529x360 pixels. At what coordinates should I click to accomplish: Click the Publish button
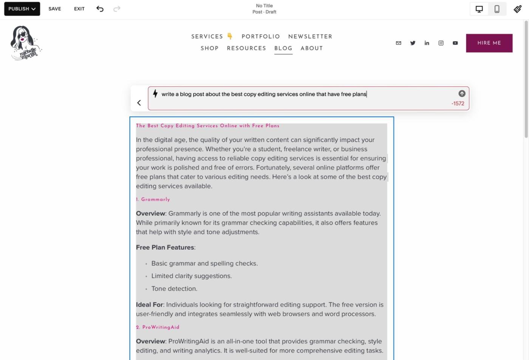[22, 9]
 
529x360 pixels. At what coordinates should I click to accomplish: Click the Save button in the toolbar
[55, 9]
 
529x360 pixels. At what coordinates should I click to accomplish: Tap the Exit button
[79, 9]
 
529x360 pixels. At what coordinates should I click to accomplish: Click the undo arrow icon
[100, 9]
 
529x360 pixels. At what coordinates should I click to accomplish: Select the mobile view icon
[497, 9]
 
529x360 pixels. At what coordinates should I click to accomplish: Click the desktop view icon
[479, 9]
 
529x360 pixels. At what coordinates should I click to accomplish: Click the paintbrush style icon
[518, 9]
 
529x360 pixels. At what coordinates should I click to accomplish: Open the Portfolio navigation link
[261, 37]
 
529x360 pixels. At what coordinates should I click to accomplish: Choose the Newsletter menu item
[310, 37]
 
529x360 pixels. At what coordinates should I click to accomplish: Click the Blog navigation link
[283, 48]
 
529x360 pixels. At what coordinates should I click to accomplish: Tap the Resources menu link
[246, 48]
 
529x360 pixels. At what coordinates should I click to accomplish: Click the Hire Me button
[489, 43]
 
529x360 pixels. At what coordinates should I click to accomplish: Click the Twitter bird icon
[413, 43]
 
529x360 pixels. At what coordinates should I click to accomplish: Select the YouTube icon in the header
[455, 43]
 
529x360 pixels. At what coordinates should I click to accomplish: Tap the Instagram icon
[441, 43]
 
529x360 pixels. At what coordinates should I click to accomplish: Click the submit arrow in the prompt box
[462, 94]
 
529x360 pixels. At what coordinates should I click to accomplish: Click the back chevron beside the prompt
[139, 103]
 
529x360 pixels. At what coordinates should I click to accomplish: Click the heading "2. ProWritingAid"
[158, 327]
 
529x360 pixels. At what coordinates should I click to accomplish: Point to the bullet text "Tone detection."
[174, 289]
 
